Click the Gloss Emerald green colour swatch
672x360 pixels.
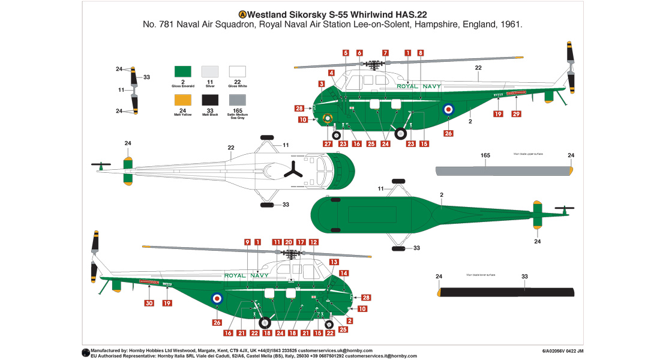(x=182, y=71)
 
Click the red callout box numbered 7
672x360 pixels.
(x=386, y=53)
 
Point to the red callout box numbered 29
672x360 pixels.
(x=515, y=114)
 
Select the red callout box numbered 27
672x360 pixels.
(x=328, y=144)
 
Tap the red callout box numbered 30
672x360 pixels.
(x=149, y=303)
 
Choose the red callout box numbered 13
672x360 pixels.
(x=334, y=262)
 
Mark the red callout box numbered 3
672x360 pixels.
(x=322, y=84)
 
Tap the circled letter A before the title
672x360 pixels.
(x=242, y=14)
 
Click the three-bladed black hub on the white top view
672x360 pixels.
(x=295, y=170)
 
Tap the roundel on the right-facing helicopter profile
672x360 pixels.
(x=447, y=110)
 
